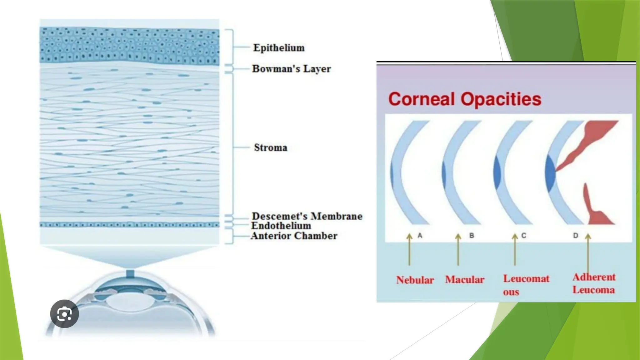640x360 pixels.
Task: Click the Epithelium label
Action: tap(279, 48)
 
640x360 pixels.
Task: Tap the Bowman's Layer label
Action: tap(292, 69)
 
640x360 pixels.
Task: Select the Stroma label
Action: tap(271, 147)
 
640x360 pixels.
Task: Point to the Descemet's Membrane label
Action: tap(307, 216)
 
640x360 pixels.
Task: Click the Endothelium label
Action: tap(281, 226)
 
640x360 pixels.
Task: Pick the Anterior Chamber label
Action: tap(294, 236)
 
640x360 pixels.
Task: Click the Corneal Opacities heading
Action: tap(465, 99)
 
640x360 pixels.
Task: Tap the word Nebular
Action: tap(415, 280)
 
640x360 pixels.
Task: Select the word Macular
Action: tap(465, 280)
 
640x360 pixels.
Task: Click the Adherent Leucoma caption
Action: tap(594, 283)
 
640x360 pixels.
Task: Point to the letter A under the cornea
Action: tap(420, 236)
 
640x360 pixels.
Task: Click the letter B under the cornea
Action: tap(472, 236)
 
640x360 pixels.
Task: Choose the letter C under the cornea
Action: tap(524, 236)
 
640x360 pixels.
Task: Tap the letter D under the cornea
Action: tap(576, 236)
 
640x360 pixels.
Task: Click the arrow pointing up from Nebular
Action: tap(409, 249)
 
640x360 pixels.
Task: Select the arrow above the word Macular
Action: tap(458, 249)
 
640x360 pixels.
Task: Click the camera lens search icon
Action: tap(64, 314)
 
